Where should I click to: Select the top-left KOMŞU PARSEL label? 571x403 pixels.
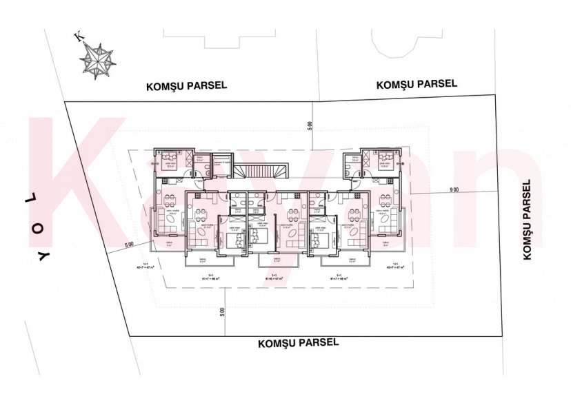186,87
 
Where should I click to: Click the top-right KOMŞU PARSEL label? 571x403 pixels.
417,84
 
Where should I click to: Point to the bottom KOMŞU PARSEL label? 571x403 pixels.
298,342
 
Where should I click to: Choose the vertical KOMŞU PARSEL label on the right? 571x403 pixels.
528,220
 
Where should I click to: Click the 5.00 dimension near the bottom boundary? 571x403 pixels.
222,311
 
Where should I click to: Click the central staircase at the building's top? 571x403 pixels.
259,171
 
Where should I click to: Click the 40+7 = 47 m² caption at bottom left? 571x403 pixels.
146,267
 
